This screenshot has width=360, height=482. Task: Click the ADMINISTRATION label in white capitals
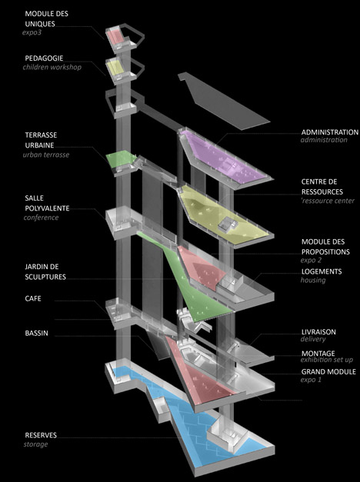coord(329,132)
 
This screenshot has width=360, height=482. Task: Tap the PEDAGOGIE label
coord(44,58)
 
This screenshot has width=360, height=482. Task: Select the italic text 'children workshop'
coord(52,67)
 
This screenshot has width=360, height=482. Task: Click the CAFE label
coord(33,298)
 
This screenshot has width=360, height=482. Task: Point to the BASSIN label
coord(36,333)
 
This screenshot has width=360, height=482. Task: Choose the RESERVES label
coord(41,435)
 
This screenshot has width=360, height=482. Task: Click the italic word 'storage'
coord(35,444)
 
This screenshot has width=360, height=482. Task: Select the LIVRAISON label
coord(318,332)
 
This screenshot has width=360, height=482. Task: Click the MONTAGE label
coord(318,354)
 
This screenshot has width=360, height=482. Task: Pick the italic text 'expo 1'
coord(311,380)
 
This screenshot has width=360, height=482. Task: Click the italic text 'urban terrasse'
coord(46,155)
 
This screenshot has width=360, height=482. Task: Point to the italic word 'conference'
coord(41,218)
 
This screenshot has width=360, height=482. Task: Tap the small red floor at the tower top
coord(115,37)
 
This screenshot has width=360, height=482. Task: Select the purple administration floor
coord(223,157)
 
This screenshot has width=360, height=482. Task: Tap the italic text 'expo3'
coord(32,32)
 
